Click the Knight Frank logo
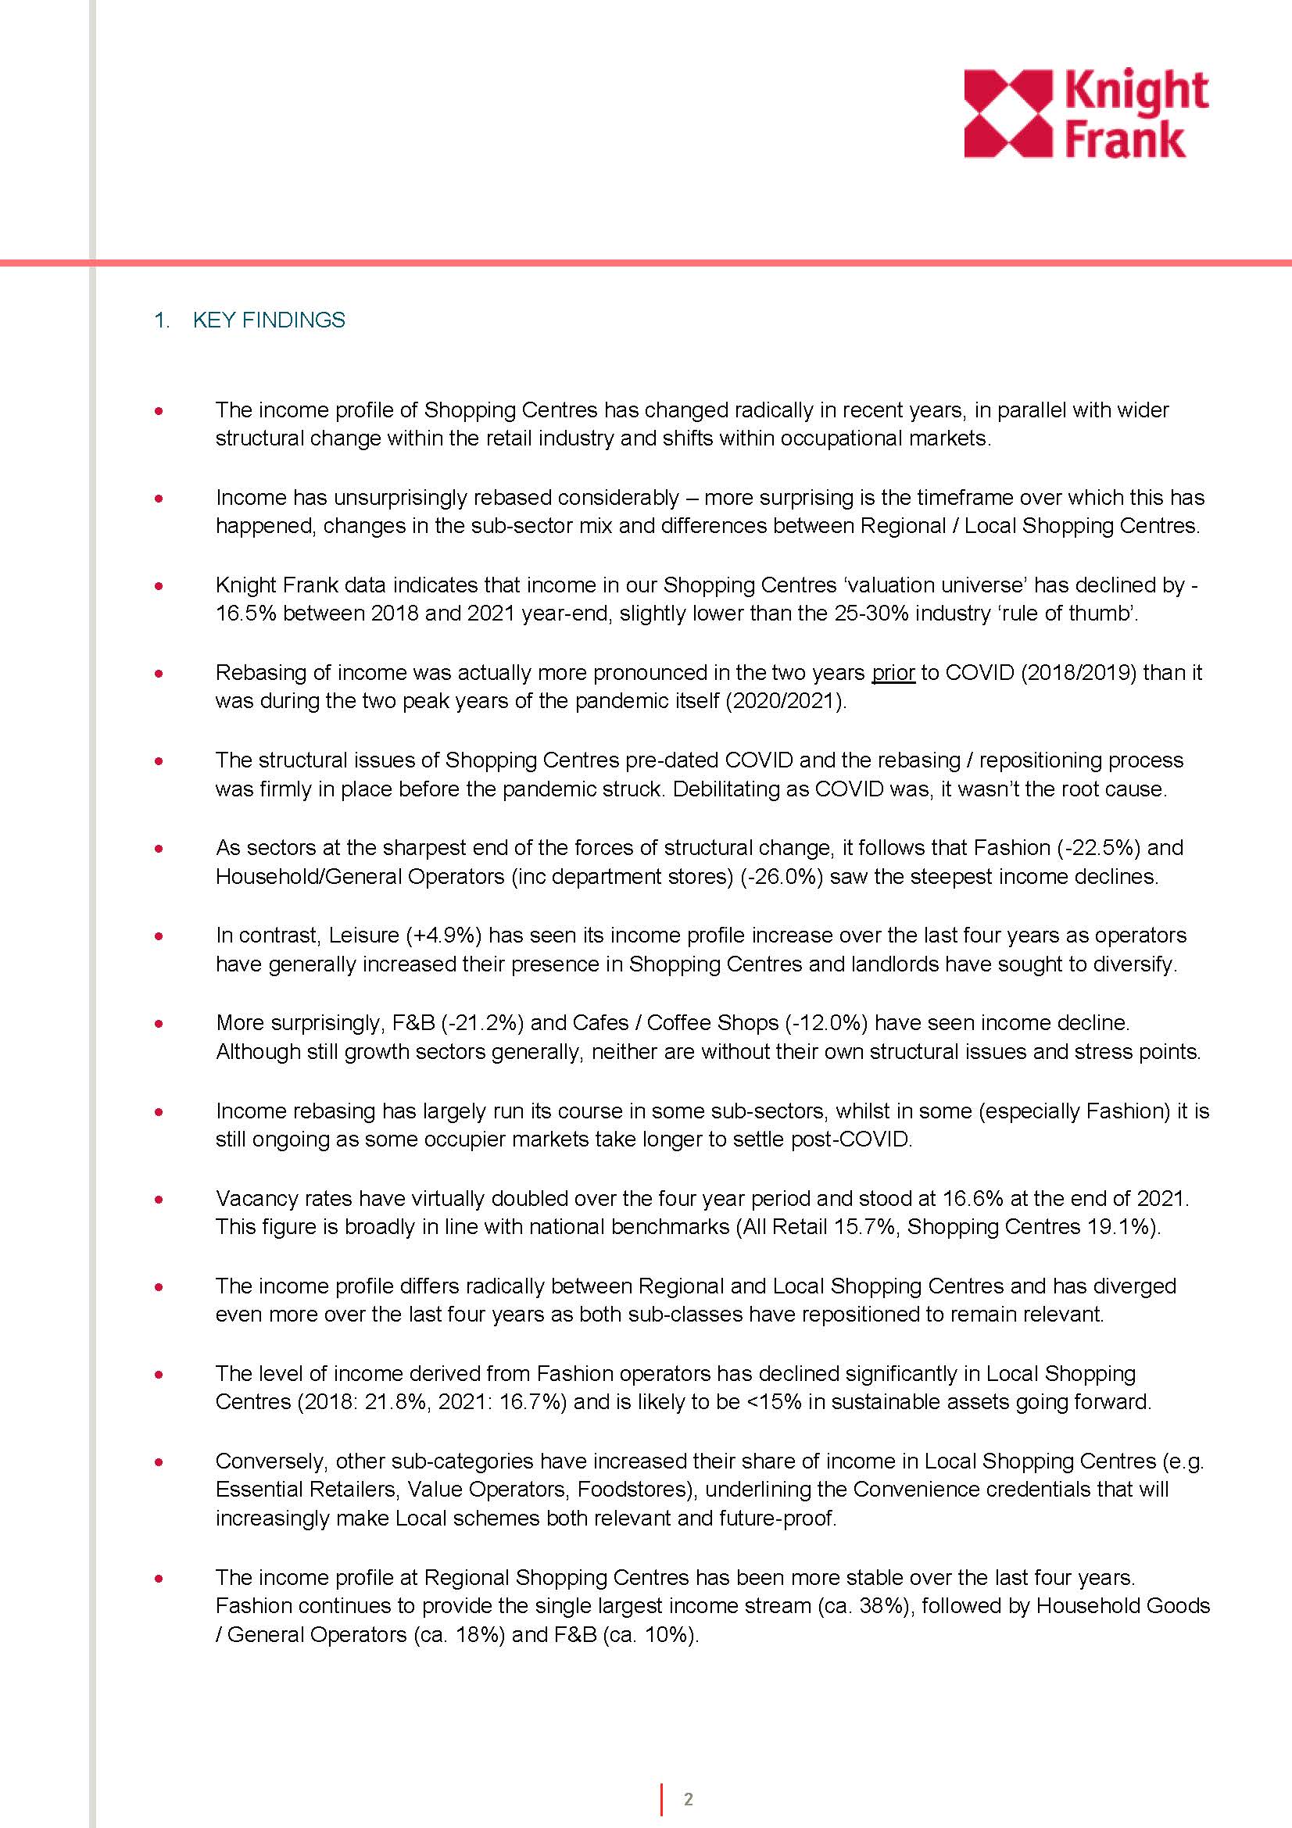(x=1086, y=114)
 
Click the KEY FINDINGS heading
(x=268, y=320)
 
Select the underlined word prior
(x=893, y=673)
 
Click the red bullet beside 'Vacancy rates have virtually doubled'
(x=160, y=1199)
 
